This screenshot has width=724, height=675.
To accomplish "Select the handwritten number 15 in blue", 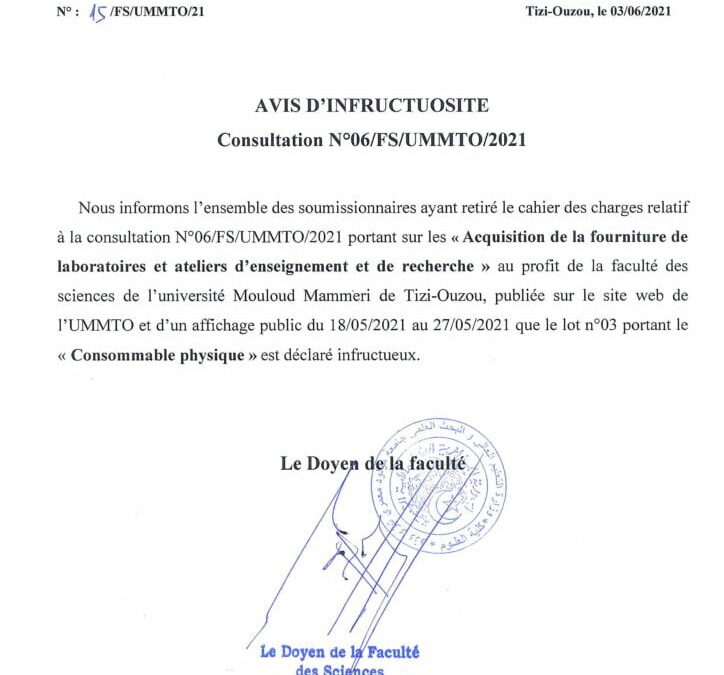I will pos(99,13).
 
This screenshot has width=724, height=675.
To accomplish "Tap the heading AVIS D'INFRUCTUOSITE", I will pos(371,106).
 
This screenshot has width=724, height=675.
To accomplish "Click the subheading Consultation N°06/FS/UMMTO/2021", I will pos(371,140).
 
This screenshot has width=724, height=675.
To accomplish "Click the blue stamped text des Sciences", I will pos(340,669).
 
